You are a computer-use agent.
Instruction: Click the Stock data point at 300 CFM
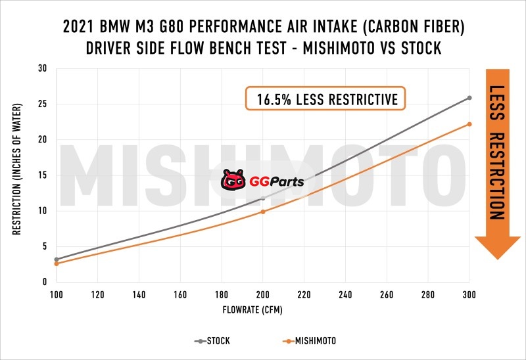click(x=469, y=98)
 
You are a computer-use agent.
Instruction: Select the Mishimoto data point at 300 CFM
click(x=469, y=124)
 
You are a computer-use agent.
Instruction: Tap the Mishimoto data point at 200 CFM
click(x=263, y=212)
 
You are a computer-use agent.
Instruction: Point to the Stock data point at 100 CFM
click(x=57, y=259)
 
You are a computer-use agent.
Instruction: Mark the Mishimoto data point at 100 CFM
click(x=57, y=263)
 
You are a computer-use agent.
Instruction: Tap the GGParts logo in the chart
click(x=262, y=179)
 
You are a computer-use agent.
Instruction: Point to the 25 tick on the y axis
click(x=43, y=104)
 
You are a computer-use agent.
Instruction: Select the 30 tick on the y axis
click(x=43, y=68)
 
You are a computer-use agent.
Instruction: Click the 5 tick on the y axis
click(x=45, y=246)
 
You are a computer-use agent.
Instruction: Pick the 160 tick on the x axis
click(x=180, y=294)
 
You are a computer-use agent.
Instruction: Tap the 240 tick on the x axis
click(x=345, y=294)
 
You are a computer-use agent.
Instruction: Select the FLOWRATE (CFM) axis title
click(x=263, y=308)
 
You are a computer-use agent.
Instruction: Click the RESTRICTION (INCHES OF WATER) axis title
click(x=16, y=175)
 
